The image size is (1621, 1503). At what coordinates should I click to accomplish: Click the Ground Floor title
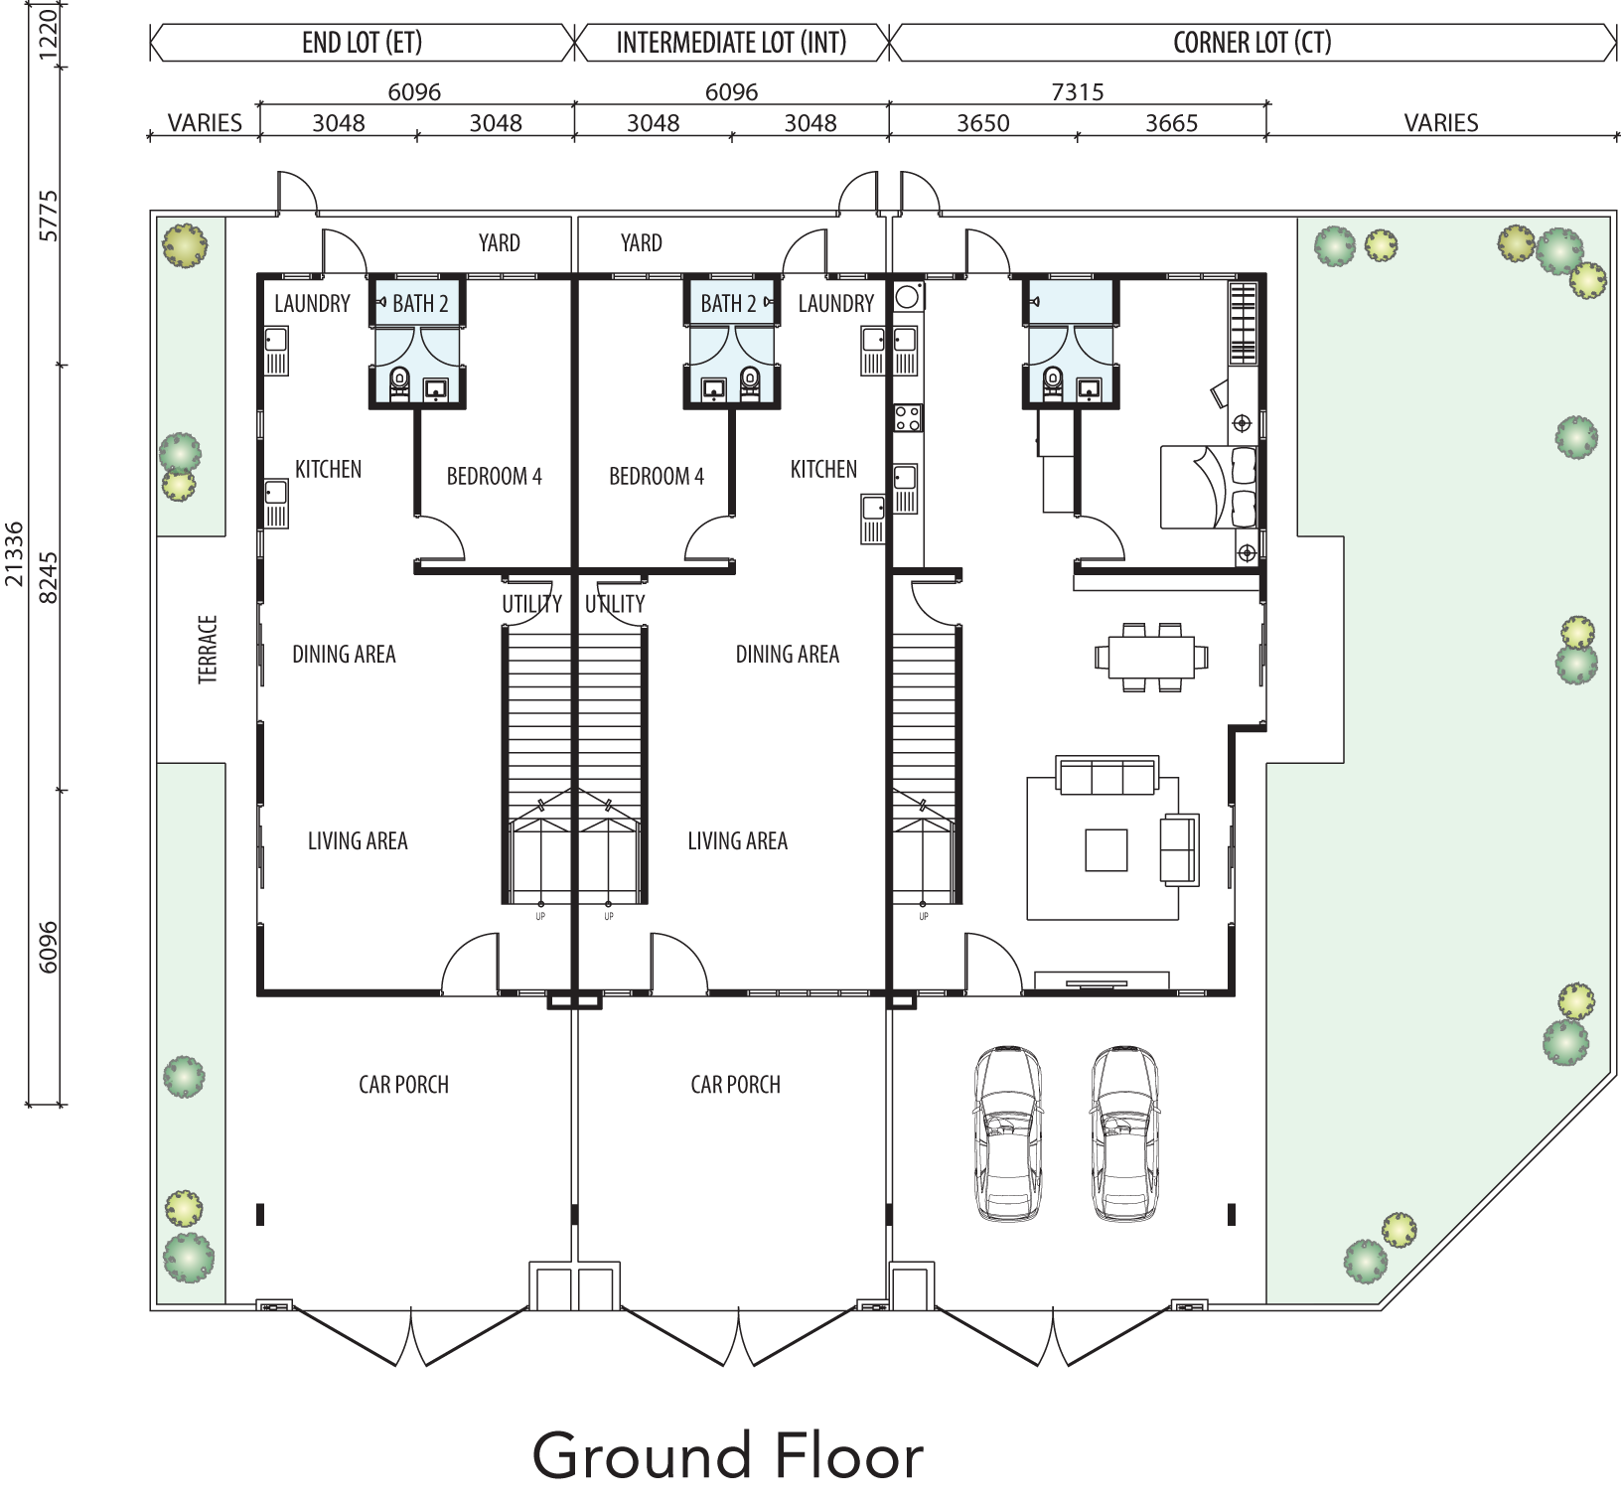[x=728, y=1456]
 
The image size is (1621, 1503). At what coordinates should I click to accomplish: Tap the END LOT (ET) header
[x=363, y=43]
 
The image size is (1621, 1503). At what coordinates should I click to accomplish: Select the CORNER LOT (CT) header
[x=1252, y=43]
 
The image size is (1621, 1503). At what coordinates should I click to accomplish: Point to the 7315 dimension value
[x=1077, y=92]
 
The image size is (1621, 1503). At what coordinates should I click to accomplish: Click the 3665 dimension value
[x=1171, y=123]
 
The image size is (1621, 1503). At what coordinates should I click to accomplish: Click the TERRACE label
[x=208, y=650]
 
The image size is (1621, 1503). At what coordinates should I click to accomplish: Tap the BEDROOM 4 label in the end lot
[x=494, y=476]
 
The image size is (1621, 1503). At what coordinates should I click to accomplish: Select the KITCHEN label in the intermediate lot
[x=823, y=469]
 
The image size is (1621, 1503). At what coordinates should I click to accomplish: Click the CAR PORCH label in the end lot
[x=403, y=1084]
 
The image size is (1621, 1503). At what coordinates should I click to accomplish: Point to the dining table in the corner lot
[x=1152, y=657]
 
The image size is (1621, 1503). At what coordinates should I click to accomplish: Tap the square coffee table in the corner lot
[x=1105, y=850]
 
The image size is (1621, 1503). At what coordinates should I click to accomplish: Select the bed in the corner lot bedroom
[x=1210, y=487]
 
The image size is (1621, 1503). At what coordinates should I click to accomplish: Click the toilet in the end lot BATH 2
[x=399, y=381]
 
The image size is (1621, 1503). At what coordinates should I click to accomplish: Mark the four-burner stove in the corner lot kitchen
[x=908, y=418]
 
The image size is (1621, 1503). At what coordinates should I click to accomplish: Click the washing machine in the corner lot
[x=908, y=295]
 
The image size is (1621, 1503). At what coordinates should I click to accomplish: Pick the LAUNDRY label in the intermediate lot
[x=835, y=303]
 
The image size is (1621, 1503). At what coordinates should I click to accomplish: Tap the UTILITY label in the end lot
[x=531, y=604]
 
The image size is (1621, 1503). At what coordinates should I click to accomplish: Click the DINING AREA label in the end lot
[x=344, y=654]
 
